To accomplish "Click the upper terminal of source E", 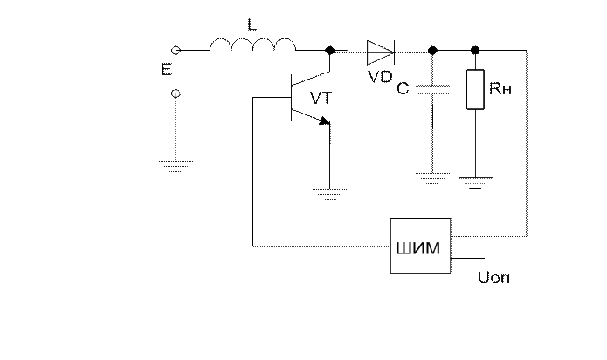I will point(176,50).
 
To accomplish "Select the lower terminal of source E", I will point(176,93).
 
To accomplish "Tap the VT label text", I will point(321,99).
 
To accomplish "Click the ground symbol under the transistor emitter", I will point(329,193).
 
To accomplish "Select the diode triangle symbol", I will point(379,52).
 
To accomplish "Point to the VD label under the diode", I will point(382,76).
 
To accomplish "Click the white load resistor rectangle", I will point(475,90).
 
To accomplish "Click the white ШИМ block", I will point(420,246).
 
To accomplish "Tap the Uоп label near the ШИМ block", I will point(495,279).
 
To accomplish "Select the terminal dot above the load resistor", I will point(475,50).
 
